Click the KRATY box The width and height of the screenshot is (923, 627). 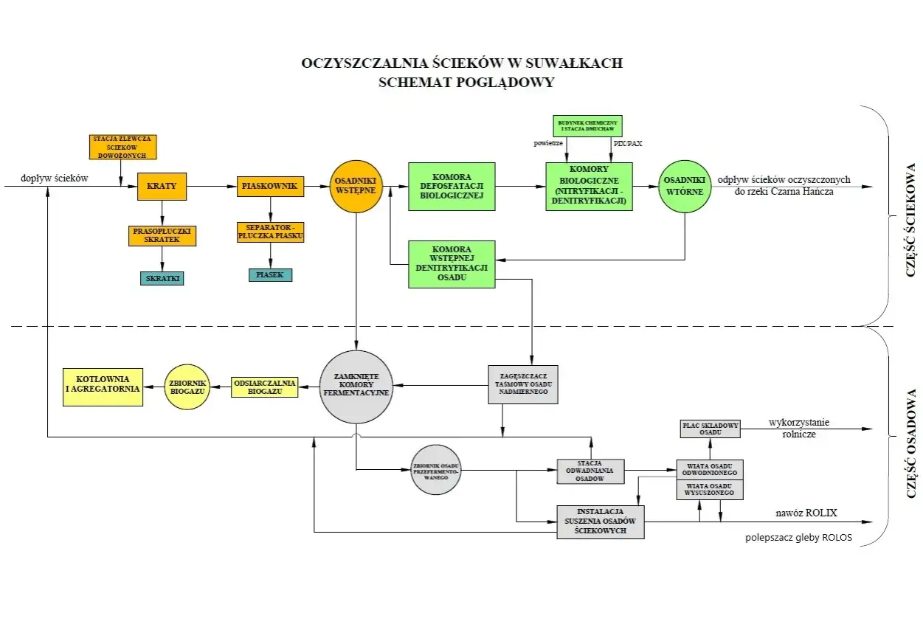click(x=162, y=186)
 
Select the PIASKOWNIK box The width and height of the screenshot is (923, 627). click(x=269, y=186)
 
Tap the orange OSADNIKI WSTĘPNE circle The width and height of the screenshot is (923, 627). click(x=356, y=186)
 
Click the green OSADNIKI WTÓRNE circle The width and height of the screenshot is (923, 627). click(x=684, y=186)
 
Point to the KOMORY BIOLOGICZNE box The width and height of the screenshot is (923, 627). click(x=589, y=186)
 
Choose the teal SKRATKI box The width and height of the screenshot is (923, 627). click(x=162, y=278)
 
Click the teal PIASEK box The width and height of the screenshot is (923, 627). click(x=270, y=275)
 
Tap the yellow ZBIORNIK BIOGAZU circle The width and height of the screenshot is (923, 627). click(x=188, y=387)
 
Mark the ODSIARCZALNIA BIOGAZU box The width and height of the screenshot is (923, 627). click(x=264, y=387)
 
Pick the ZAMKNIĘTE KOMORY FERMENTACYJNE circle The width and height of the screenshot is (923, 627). click(x=356, y=387)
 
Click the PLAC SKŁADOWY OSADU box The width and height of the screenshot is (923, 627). click(x=709, y=428)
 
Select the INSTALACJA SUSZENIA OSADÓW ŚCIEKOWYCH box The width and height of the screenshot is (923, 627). click(x=600, y=521)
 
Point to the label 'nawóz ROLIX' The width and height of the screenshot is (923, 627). click(x=806, y=513)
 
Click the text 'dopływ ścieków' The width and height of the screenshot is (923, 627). click(x=55, y=178)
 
